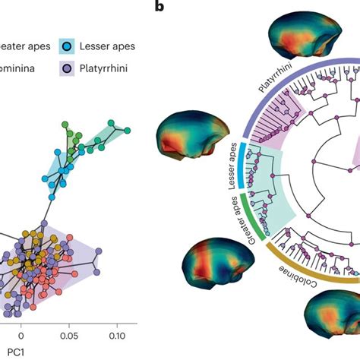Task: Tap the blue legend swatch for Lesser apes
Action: coord(68,46)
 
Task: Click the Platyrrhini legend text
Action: coord(111,69)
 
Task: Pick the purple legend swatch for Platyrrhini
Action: coord(68,69)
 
